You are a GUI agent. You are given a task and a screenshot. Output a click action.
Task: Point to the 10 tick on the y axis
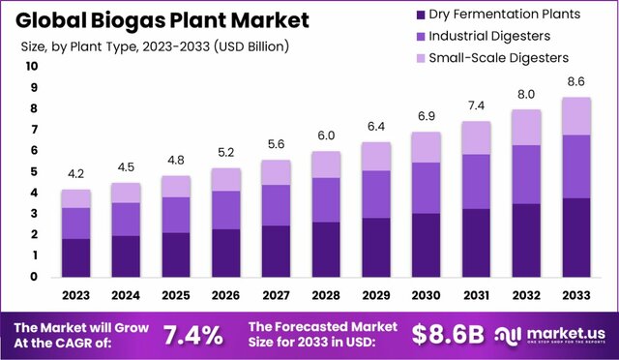coord(32,67)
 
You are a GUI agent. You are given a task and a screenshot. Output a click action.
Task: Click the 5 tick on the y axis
coord(33,171)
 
